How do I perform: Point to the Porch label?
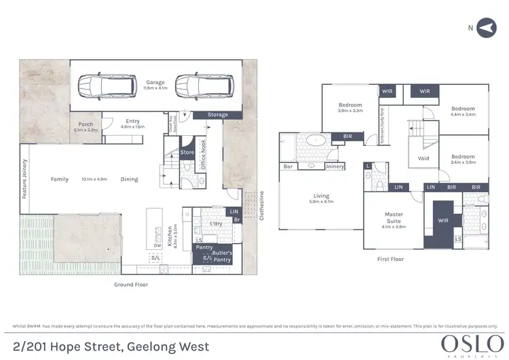click(86, 124)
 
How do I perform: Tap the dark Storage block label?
click(218, 115)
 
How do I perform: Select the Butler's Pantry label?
click(223, 257)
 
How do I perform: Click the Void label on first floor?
click(423, 158)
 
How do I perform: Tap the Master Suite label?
click(394, 217)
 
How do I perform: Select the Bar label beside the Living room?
click(288, 166)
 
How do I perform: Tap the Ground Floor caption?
click(130, 285)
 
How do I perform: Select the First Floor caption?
click(390, 259)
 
